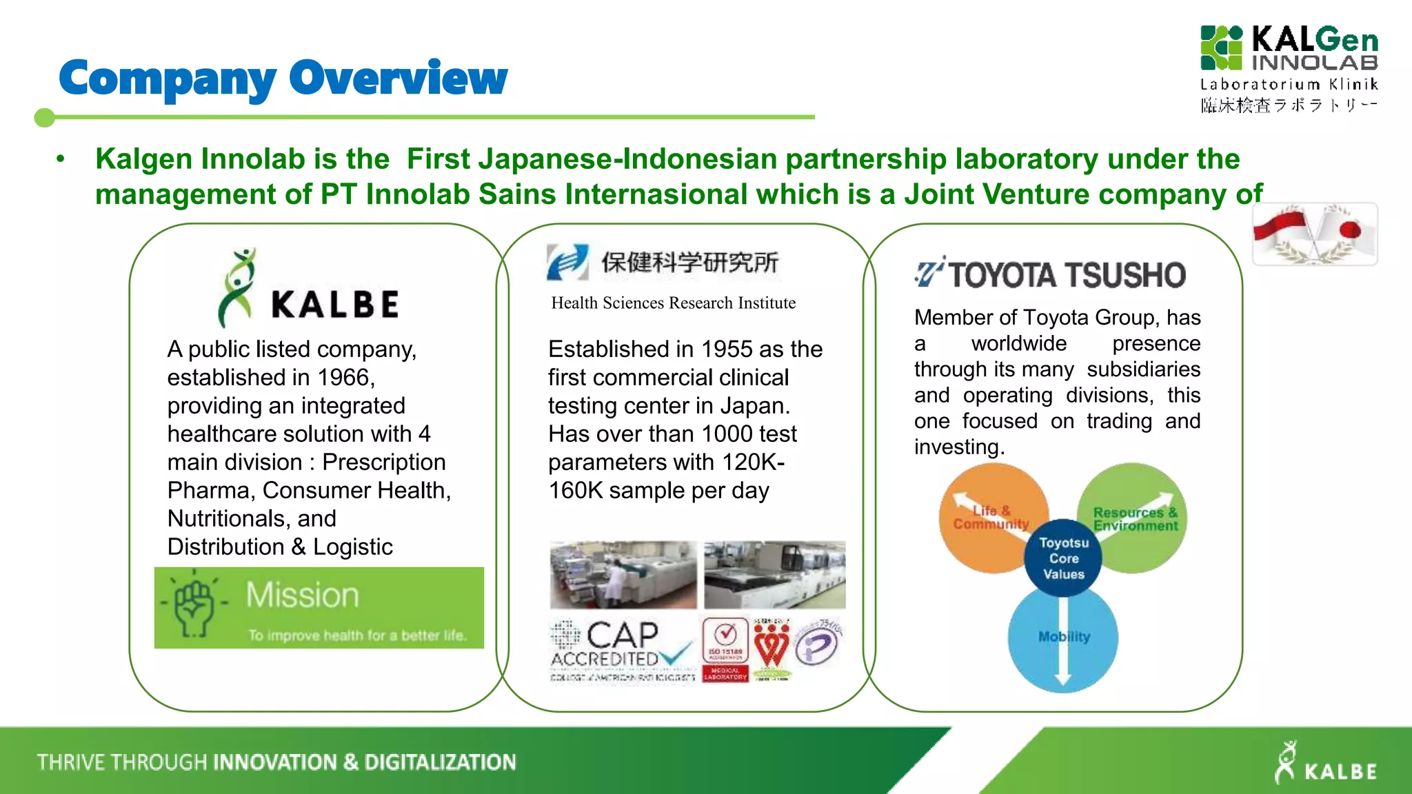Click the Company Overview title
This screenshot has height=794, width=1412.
pyautogui.click(x=283, y=78)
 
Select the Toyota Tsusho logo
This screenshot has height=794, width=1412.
pyautogui.click(x=1049, y=274)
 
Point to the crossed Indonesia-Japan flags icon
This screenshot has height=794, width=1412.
pyautogui.click(x=1314, y=234)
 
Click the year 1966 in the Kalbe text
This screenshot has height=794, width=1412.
pyautogui.click(x=343, y=378)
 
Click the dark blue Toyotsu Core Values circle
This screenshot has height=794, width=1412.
pyautogui.click(x=1063, y=558)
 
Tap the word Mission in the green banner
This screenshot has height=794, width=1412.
pyautogui.click(x=302, y=595)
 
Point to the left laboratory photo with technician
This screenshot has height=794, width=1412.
pyautogui.click(x=623, y=574)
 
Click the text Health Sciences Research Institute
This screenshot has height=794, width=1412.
pyautogui.click(x=673, y=303)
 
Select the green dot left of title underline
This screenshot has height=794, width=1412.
pyautogui.click(x=44, y=118)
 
